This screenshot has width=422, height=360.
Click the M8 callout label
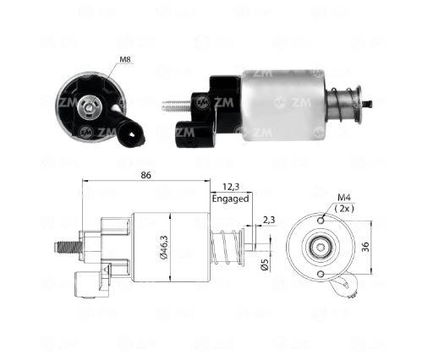125,60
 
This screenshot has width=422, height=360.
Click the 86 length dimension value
145,175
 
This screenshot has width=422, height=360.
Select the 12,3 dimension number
231,187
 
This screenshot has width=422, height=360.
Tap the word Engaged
230,199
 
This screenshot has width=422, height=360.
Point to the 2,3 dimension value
268,220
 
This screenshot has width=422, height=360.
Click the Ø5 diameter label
265,265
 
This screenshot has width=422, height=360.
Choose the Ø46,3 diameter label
164,247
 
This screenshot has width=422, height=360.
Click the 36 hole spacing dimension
365,247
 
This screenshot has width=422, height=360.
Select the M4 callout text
344,198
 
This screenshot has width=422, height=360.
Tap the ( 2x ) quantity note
344,209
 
